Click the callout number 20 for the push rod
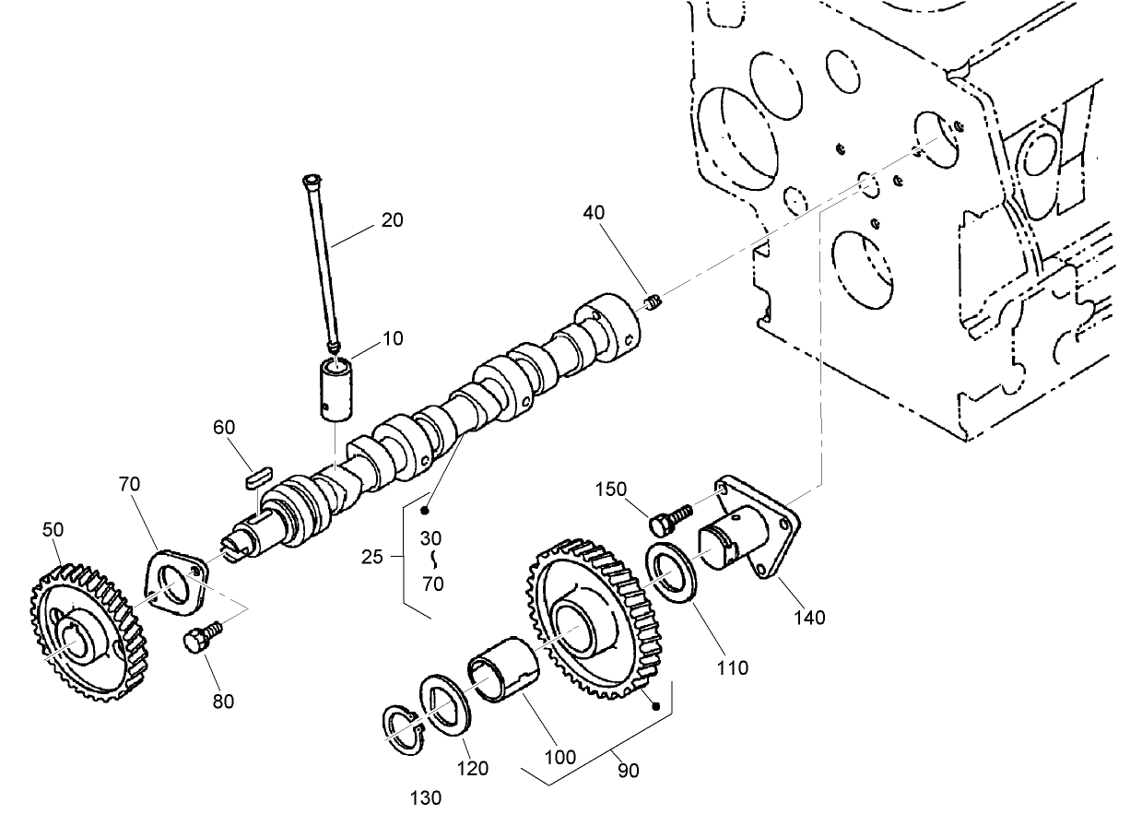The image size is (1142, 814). coord(393,220)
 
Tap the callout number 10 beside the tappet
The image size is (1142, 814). coord(393,339)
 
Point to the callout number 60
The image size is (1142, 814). coord(224,427)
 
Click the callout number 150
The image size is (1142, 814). coord(612,489)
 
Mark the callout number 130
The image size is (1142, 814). coord(427,797)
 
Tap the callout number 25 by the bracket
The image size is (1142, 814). coord(372,557)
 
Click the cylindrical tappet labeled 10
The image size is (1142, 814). coord(338,391)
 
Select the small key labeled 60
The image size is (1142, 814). coord(255,477)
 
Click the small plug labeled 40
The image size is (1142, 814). coord(653,301)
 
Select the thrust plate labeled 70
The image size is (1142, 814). coord(171,584)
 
